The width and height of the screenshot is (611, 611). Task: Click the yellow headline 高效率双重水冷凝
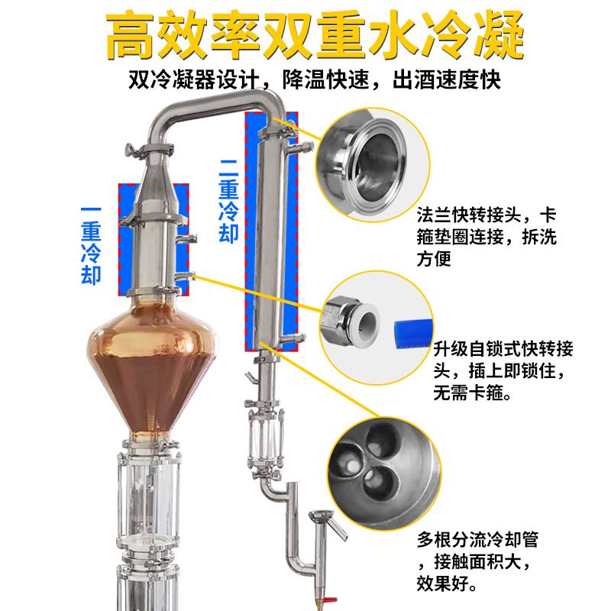tap(314, 36)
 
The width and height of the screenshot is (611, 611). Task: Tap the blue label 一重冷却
tap(91, 246)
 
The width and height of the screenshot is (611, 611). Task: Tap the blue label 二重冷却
tap(228, 202)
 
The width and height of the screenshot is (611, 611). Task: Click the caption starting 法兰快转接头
tap(487, 237)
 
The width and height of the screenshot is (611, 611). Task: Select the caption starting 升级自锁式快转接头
tap(503, 370)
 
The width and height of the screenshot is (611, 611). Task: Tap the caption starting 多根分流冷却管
tap(477, 561)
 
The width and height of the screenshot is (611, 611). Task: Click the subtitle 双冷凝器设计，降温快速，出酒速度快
tap(315, 79)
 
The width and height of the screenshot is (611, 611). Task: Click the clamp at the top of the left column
tap(149, 150)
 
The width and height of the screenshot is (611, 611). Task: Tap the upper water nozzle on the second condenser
tap(300, 148)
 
